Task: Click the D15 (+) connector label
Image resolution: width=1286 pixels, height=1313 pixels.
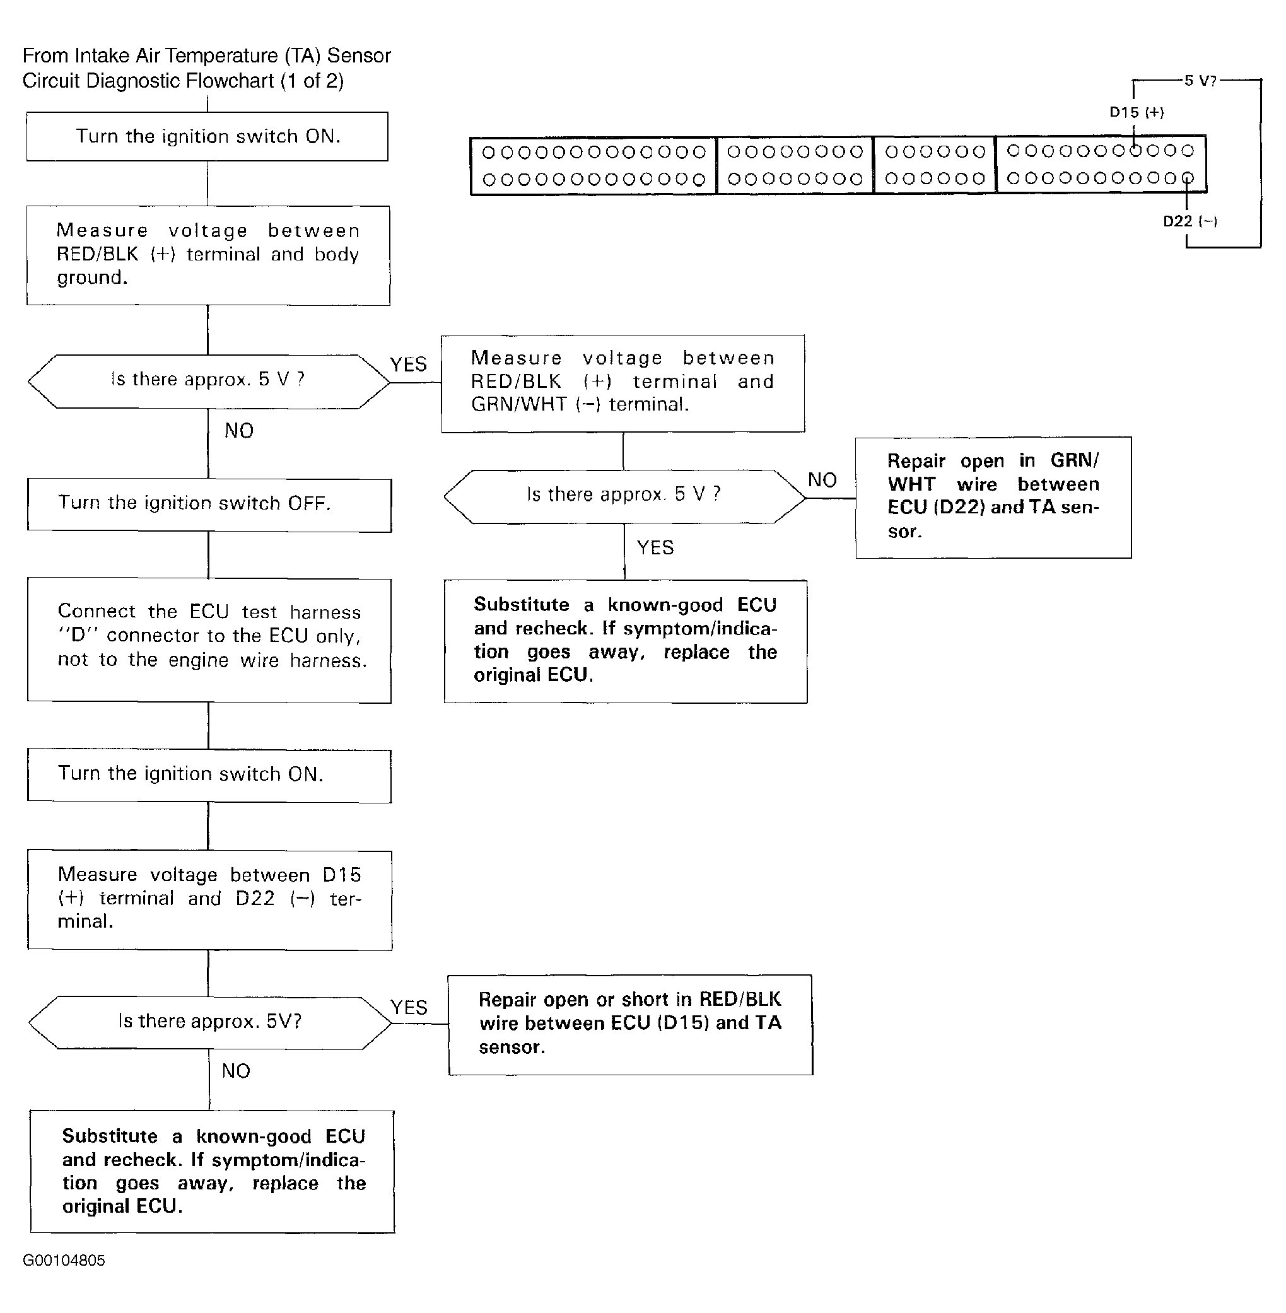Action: tap(1136, 112)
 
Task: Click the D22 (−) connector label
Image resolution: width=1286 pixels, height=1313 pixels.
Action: tap(1190, 221)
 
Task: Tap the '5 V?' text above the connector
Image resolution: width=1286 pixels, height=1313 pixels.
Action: tap(1200, 80)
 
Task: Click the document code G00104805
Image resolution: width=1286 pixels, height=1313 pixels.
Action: tap(64, 1260)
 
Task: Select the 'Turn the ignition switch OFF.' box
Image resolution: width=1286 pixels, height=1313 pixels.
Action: tap(209, 505)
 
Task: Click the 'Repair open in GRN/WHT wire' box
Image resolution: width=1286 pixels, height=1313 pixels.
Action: tap(993, 497)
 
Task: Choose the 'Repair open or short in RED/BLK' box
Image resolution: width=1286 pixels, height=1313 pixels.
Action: tap(630, 1025)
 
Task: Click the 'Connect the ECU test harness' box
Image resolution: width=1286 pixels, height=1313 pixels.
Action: tap(209, 640)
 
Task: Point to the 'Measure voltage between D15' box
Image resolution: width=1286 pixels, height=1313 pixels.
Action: tap(210, 901)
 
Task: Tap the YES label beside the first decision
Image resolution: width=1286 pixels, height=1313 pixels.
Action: tap(409, 365)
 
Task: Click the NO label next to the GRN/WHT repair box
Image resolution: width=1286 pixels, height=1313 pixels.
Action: tap(822, 480)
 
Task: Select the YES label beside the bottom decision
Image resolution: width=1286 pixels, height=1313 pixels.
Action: tap(409, 1008)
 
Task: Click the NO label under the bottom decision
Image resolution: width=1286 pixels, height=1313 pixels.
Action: tap(236, 1071)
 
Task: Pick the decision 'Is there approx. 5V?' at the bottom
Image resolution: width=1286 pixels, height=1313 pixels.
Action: tap(210, 1022)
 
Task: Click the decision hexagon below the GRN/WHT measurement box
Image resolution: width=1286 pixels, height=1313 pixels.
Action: tap(625, 496)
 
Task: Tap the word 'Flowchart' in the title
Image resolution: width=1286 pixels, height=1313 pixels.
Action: tap(230, 81)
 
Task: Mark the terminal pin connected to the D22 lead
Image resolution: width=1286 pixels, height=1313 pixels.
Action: tap(1188, 178)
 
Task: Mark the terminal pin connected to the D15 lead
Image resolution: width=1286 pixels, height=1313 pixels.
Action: tap(1135, 151)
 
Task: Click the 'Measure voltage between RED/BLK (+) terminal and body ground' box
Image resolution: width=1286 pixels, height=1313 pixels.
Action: tap(208, 255)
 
